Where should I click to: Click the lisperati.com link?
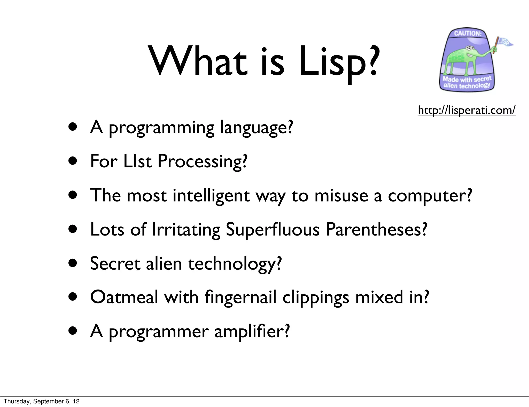[466, 110]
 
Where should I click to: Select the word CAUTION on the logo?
[468, 34]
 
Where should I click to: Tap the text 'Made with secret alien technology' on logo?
[467, 82]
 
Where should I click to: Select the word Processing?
[202, 161]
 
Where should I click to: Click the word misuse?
[341, 195]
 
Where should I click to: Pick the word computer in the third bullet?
[430, 196]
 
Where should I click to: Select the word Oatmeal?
[124, 297]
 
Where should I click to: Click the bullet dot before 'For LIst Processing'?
[73, 161]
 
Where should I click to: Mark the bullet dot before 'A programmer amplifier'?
[73, 331]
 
